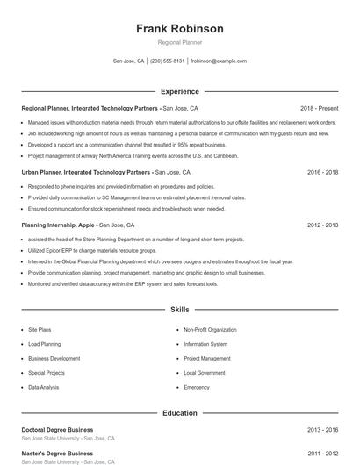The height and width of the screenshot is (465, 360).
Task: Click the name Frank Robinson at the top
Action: click(x=179, y=29)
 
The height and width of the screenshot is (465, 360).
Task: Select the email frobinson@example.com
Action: click(x=218, y=61)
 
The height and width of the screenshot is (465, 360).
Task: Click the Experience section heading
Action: click(x=179, y=91)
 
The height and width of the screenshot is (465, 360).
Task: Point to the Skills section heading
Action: click(x=179, y=310)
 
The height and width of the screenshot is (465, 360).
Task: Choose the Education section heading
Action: click(x=179, y=412)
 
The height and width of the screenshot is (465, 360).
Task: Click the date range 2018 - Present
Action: click(x=319, y=108)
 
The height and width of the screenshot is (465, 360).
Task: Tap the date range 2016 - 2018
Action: click(x=322, y=173)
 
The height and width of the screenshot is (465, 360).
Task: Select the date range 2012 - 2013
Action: click(x=322, y=225)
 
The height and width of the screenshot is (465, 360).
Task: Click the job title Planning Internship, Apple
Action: click(x=58, y=225)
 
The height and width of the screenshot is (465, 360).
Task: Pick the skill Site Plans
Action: click(x=40, y=330)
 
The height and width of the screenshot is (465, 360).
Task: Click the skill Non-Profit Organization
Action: click(x=210, y=330)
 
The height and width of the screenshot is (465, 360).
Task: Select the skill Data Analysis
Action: click(x=44, y=387)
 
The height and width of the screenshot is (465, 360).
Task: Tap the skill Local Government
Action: click(x=205, y=373)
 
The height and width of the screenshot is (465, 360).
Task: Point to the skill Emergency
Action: click(x=197, y=387)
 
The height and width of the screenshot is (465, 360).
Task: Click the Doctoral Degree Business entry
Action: click(x=57, y=430)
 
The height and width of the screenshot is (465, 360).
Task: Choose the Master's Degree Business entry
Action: click(x=57, y=454)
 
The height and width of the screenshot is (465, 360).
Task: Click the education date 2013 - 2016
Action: click(x=322, y=430)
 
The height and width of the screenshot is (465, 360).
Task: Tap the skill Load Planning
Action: click(x=44, y=344)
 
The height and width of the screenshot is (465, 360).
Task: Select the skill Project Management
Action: click(x=207, y=359)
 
